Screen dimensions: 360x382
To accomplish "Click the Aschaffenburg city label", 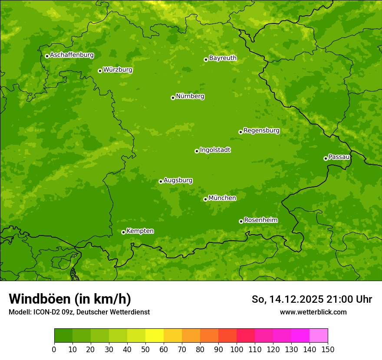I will tap(72, 55).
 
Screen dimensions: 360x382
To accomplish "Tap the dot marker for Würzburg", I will tap(100, 71).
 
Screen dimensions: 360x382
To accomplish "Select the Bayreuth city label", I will tap(223, 58).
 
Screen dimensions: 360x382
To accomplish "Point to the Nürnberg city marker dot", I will tap(173, 98).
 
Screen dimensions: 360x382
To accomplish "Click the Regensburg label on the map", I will tap(261, 131).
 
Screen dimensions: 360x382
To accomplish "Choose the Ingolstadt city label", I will tap(215, 150).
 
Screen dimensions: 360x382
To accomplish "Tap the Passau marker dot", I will tap(326, 158).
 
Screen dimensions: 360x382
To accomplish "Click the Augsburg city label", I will tap(178, 180).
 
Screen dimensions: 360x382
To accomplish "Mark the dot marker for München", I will tap(205, 199).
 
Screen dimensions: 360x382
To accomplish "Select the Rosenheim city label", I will tap(260, 220).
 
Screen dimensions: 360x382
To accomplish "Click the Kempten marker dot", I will tap(123, 232).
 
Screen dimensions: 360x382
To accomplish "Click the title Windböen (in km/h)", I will tap(70, 299).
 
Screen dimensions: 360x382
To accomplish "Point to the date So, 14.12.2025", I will tap(288, 299).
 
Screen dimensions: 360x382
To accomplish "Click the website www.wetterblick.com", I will tap(313, 312).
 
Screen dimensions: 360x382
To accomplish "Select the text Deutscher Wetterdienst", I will tap(115, 312).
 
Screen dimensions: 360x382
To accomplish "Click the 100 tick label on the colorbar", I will tap(237, 350).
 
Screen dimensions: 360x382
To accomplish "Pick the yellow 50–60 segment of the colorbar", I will tap(155, 336).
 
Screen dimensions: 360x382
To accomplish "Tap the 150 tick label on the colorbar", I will tap(328, 350).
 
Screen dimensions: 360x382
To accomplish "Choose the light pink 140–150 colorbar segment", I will tap(319, 336).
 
